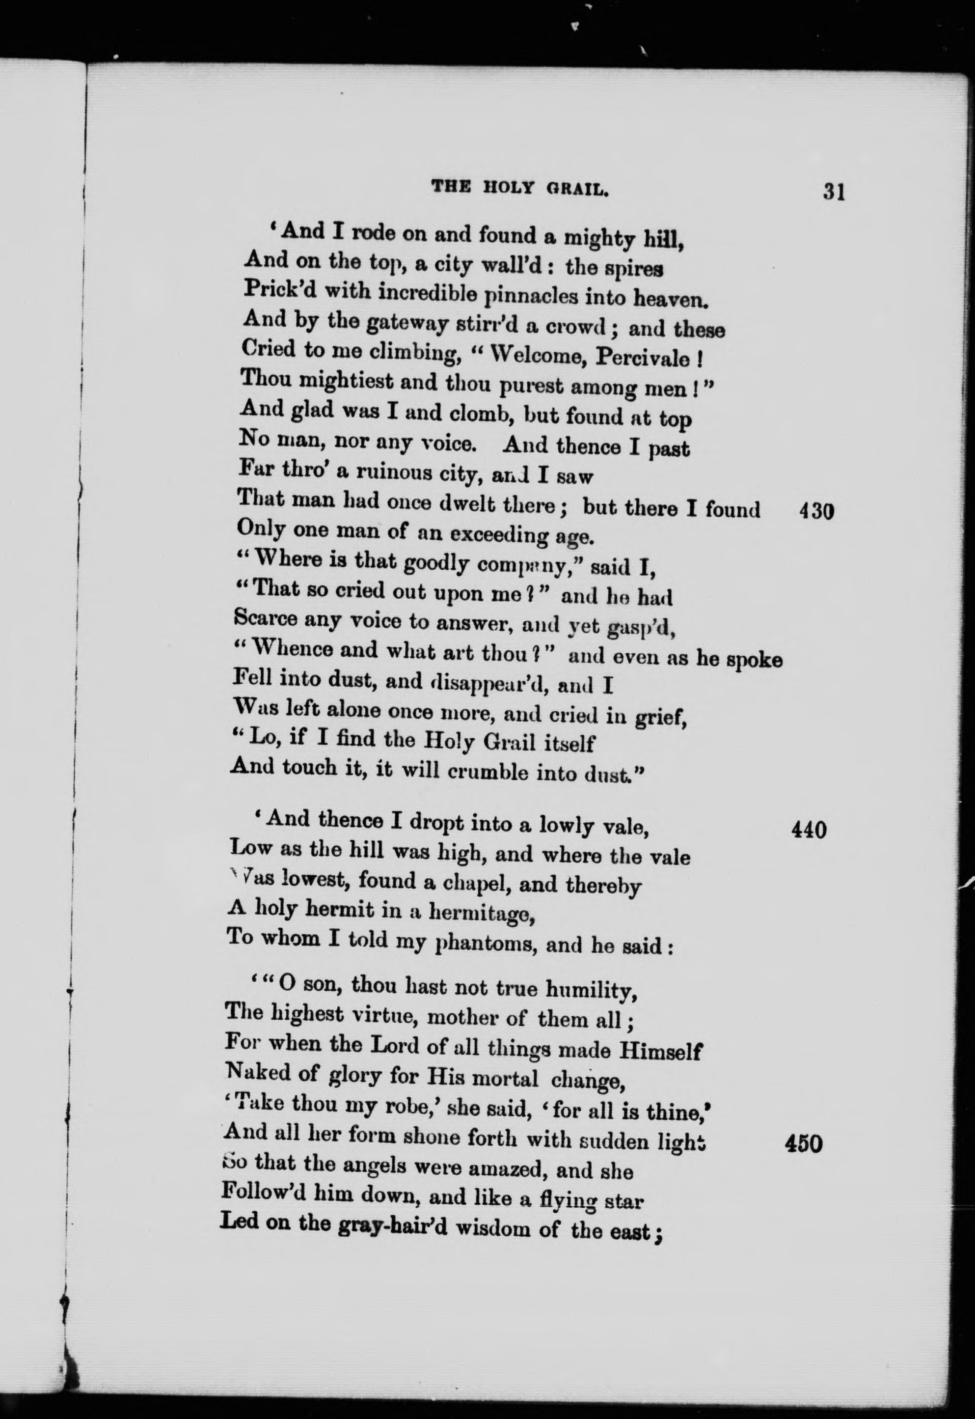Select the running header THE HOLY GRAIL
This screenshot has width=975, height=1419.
tap(520, 188)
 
